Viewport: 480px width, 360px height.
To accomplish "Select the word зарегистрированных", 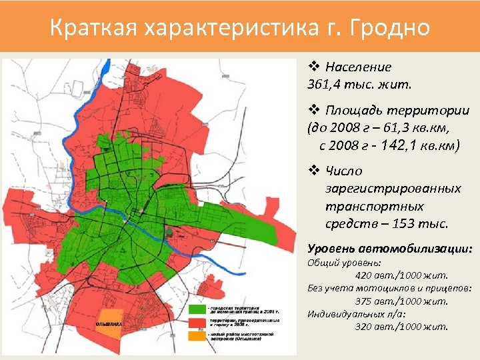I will coord(393,189).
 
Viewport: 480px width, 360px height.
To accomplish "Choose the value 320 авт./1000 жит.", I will coord(401,327).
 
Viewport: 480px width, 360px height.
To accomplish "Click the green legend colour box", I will coord(199,310).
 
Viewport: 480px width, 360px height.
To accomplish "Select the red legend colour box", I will coord(199,322).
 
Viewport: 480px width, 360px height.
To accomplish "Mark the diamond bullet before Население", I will coord(313,67).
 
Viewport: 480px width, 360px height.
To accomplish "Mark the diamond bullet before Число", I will coord(313,171).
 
